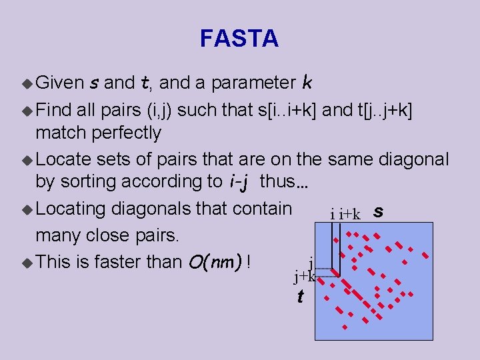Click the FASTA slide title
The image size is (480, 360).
239,39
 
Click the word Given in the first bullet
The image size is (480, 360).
59,83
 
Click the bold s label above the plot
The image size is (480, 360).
378,212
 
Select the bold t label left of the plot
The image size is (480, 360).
301,296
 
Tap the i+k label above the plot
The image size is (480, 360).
349,214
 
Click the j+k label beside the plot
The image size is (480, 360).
304,274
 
